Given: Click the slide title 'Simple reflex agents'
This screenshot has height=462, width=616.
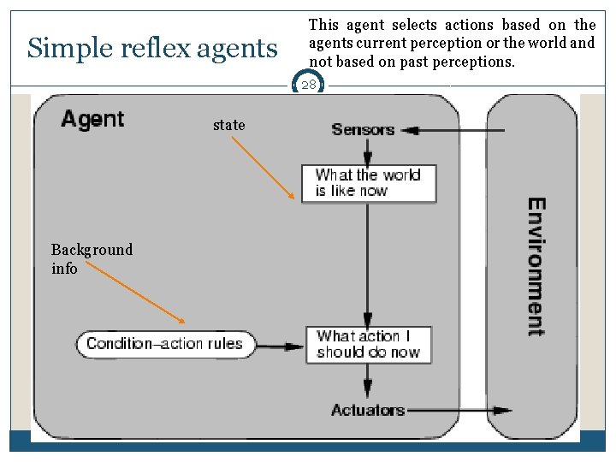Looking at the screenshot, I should [x=152, y=49].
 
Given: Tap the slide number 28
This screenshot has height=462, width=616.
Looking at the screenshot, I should [x=308, y=85].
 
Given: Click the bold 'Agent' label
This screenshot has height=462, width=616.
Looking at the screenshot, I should [x=92, y=119].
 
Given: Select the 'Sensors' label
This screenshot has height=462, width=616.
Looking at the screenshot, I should [x=363, y=130].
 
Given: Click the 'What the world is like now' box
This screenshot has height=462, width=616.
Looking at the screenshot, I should [x=369, y=183].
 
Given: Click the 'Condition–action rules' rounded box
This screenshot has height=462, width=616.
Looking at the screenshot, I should [x=164, y=345].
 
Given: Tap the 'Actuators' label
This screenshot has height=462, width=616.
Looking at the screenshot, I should [x=368, y=410].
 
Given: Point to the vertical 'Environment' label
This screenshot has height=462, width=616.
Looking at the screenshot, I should [x=536, y=267].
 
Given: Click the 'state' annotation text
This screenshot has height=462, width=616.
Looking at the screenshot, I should [x=228, y=125].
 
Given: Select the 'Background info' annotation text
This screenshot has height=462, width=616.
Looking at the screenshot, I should [x=92, y=258].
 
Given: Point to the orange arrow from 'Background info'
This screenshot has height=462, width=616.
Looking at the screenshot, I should [x=135, y=292].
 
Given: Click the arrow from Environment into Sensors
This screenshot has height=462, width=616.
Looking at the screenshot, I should [x=453, y=131].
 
